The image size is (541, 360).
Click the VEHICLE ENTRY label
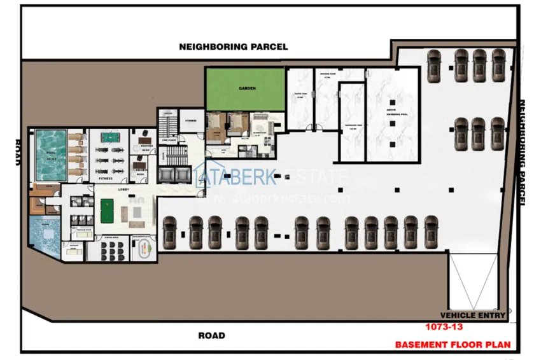pyautogui.click(x=473, y=315)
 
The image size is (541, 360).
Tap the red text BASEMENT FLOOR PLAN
pyautogui.click(x=453, y=345)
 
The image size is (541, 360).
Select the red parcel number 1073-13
pyautogui.click(x=444, y=328)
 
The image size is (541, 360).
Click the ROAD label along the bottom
pyautogui.click(x=211, y=335)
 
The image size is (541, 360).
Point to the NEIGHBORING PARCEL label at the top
pyautogui.click(x=233, y=46)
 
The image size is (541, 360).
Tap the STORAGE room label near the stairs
pyautogui.click(x=190, y=119)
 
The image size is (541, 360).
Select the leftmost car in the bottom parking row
pyautogui.click(x=169, y=232)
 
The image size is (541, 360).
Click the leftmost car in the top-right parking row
pyautogui.click(x=435, y=62)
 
